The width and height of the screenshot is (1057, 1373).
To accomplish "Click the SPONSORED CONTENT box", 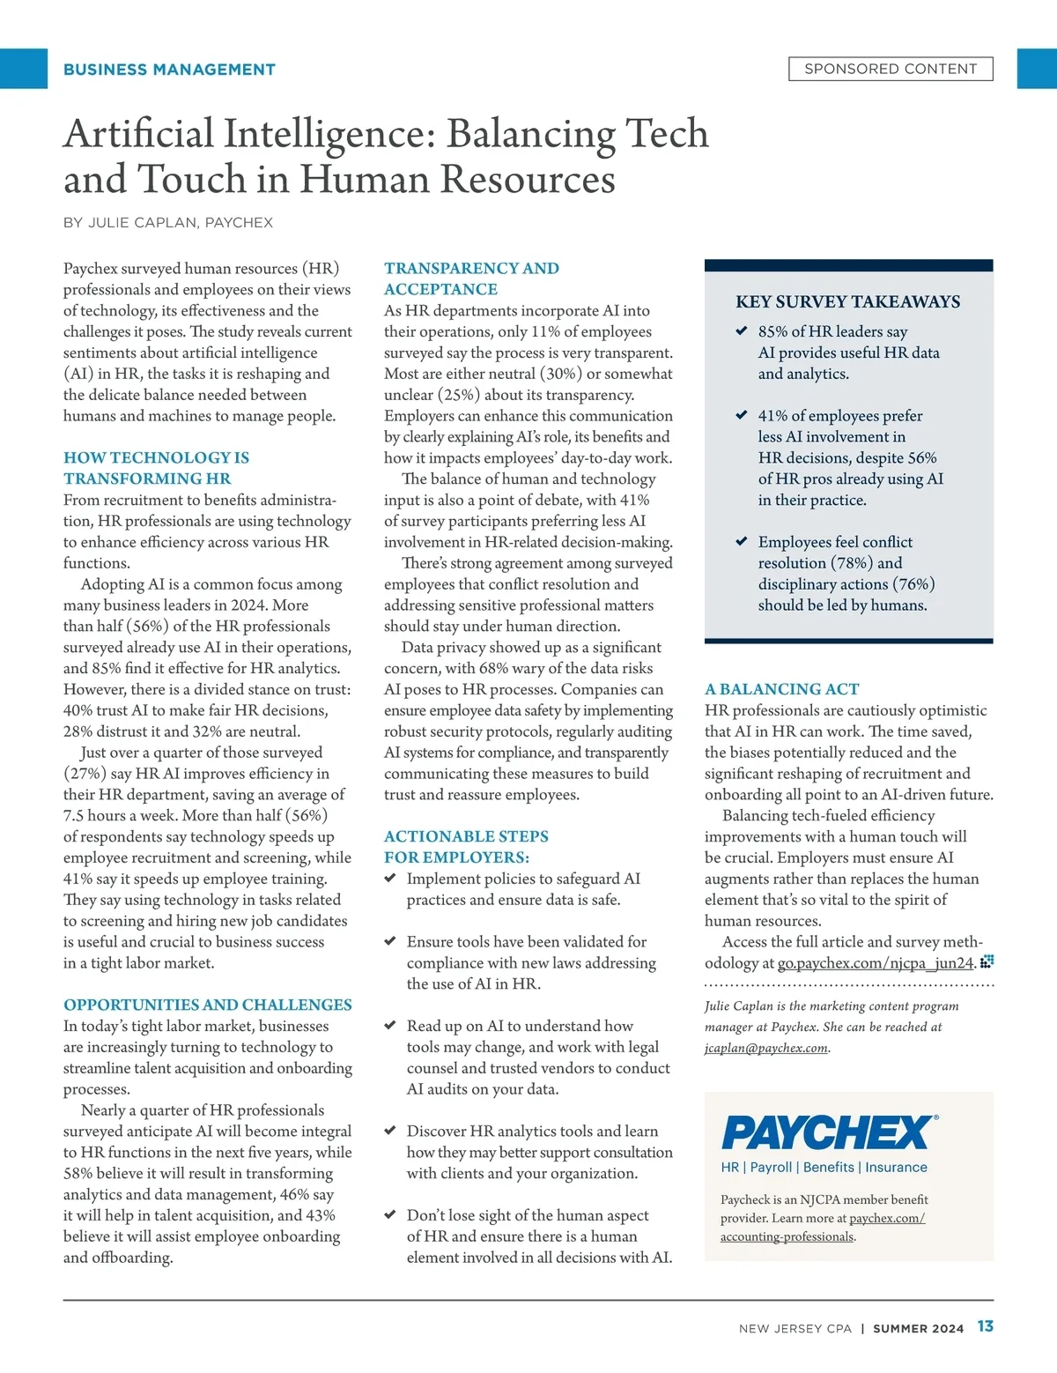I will (891, 69).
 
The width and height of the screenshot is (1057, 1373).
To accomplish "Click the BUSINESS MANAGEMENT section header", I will (169, 70).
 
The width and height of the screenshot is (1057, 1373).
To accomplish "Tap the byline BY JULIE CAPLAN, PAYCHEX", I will (168, 223).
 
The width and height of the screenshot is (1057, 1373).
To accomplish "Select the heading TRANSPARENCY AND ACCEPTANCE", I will (471, 278).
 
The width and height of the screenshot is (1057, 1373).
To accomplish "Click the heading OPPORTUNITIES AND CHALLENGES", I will (208, 1005).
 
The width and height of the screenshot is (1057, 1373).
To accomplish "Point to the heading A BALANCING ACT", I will (781, 689).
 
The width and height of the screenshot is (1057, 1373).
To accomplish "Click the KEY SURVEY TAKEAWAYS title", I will (847, 301).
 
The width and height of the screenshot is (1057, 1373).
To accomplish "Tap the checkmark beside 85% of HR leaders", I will (742, 331).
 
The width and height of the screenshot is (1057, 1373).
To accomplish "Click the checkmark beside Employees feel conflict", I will (742, 542).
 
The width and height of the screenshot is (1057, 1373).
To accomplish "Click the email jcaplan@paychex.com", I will (766, 1048).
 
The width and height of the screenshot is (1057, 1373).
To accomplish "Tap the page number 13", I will (986, 1326).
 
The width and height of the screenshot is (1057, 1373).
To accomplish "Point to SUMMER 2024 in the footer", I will (918, 1328).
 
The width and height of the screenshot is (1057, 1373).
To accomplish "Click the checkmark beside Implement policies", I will (390, 879).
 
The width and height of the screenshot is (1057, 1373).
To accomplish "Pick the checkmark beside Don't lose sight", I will (390, 1215).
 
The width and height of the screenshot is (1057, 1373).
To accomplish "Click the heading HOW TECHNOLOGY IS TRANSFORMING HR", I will (156, 468).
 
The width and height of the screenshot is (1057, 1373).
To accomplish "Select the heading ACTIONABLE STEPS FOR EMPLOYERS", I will (466, 847).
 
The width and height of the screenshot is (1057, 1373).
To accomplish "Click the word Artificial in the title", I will (138, 134).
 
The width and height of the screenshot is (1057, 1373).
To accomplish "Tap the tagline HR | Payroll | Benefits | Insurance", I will (824, 1167).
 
